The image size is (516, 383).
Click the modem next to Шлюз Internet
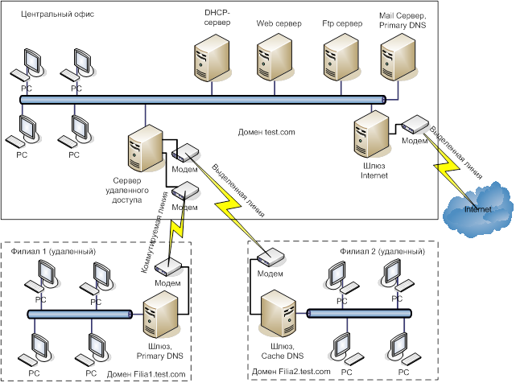pos(415,124)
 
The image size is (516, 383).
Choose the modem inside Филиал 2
pos(270,258)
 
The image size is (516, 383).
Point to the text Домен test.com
pos(266,131)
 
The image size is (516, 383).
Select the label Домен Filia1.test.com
pos(146,374)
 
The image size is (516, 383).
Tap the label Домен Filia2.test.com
pos(291,370)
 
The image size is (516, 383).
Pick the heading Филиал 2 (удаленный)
pos(382,250)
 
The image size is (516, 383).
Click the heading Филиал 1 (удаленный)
pos(55,252)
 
